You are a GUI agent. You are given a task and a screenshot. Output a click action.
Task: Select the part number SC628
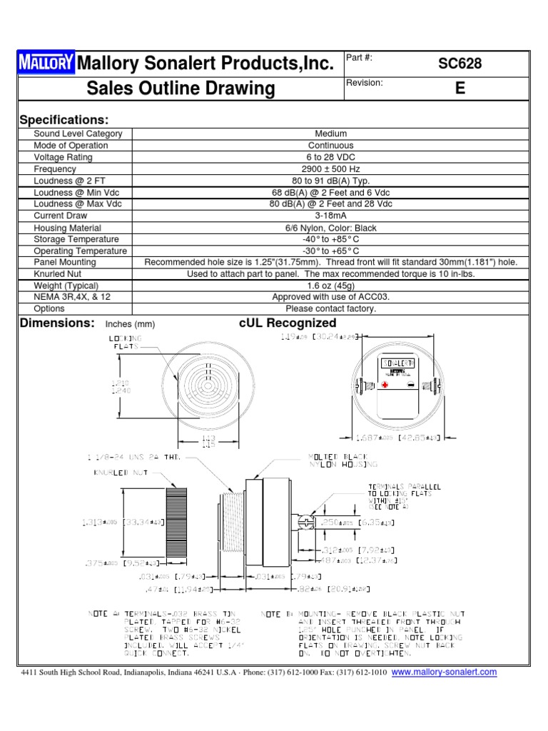coord(460,64)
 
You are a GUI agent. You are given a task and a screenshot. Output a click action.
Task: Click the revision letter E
coord(460,89)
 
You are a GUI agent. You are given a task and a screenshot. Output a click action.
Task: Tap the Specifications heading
coord(64,119)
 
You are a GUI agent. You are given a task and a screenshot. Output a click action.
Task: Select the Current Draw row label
coord(61,216)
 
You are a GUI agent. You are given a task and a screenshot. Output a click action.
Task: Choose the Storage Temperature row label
coord(76,239)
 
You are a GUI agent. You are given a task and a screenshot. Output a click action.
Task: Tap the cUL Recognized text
coord(288,323)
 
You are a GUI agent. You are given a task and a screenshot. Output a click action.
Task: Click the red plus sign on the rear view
coord(385,384)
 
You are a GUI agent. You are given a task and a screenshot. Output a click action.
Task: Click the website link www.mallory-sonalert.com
coord(445,672)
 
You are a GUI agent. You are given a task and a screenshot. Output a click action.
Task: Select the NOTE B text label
coord(274,614)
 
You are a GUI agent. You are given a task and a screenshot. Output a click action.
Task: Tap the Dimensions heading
coord(57,323)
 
